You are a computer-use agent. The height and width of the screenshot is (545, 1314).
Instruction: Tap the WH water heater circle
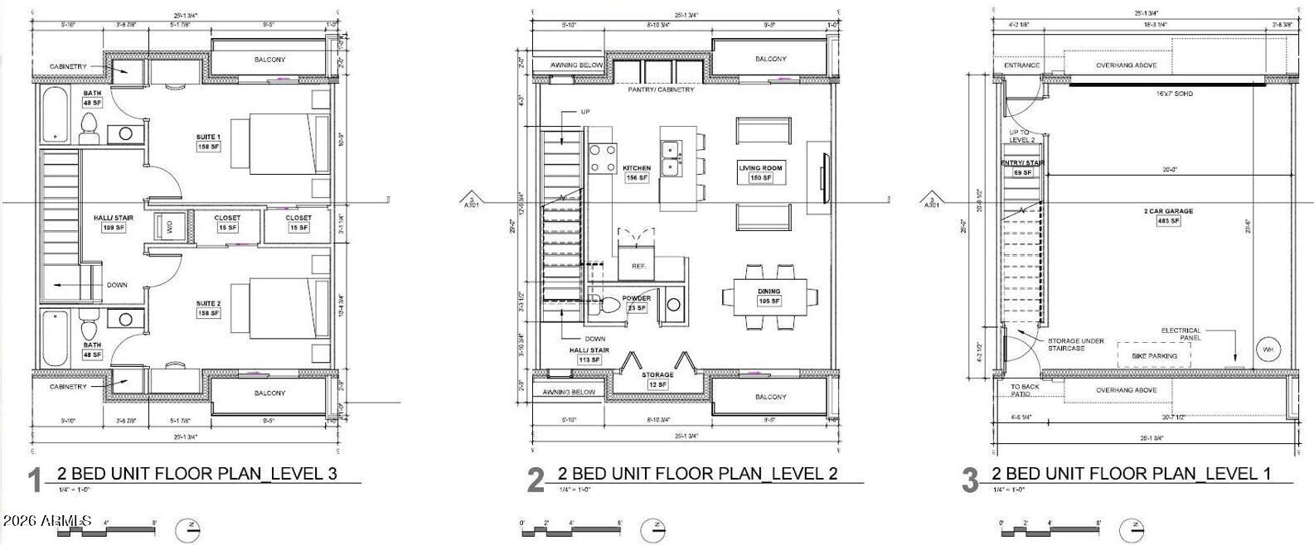coord(1267,350)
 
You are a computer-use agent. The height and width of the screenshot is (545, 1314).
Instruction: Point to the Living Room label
coord(760,168)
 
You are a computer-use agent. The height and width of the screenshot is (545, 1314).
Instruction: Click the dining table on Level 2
coord(769,296)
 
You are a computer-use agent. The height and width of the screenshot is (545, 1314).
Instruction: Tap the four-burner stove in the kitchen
coord(603,157)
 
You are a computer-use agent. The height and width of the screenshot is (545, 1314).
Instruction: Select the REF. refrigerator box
coord(638,265)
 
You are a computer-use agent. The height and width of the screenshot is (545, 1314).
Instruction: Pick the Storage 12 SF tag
coord(657,384)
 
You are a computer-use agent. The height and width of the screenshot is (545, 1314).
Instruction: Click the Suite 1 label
coord(208,137)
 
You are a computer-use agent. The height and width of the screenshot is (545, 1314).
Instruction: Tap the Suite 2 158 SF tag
coord(208,314)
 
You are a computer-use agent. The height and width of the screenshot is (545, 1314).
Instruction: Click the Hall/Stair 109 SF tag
coord(114,228)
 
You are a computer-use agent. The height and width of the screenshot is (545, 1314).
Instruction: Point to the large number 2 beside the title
coord(536,480)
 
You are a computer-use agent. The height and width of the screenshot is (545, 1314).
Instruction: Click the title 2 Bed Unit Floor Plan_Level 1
coord(1130,474)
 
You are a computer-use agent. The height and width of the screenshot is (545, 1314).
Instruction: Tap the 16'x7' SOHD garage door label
coord(1174,94)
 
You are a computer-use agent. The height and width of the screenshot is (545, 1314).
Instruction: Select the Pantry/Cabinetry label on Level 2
coord(661,89)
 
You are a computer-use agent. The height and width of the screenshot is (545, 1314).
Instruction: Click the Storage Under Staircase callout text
coord(1075,345)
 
